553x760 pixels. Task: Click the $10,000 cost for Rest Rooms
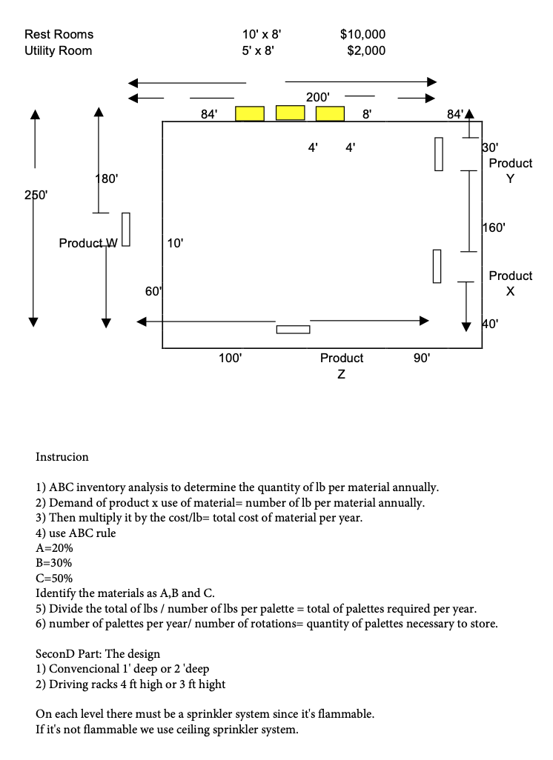(362, 34)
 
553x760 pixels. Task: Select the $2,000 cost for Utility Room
(366, 50)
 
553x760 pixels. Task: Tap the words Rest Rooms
(59, 34)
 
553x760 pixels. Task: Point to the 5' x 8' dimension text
(261, 50)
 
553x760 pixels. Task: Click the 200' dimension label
(318, 97)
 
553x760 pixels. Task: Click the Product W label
(88, 243)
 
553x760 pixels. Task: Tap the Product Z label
(341, 365)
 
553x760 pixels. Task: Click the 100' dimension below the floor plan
(230, 358)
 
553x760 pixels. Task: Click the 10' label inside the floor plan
(176, 242)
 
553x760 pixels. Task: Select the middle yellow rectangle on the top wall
(290, 112)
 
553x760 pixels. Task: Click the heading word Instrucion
(62, 456)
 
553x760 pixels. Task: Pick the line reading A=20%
(54, 548)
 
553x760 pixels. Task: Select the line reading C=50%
(54, 578)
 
